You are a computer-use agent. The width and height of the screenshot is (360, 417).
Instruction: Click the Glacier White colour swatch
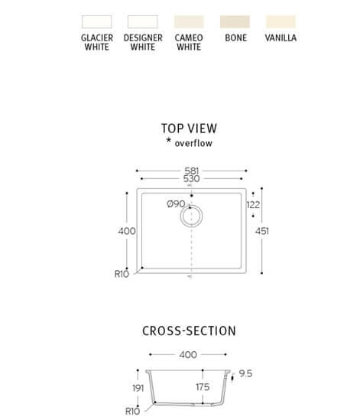(97, 21)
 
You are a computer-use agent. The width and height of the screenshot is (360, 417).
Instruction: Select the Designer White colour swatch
(143, 21)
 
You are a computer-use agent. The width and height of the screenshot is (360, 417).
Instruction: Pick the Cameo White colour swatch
(189, 21)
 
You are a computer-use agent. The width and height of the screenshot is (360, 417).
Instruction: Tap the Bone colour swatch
(235, 21)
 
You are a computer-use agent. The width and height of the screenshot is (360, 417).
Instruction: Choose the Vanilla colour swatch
(281, 21)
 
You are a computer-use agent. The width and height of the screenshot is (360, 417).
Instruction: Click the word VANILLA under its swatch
(281, 37)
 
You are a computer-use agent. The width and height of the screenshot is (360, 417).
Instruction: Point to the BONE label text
(235, 37)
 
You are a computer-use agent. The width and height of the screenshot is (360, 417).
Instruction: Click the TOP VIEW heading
(189, 129)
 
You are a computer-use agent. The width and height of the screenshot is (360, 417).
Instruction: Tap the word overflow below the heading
(193, 143)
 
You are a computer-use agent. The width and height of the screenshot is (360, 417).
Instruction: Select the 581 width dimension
(192, 171)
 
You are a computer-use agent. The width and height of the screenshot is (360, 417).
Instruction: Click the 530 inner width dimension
(191, 179)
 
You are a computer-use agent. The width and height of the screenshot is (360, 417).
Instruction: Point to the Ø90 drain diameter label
(176, 204)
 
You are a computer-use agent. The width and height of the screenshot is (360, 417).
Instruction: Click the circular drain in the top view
(191, 205)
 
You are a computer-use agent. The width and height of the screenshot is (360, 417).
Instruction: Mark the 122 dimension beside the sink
(253, 205)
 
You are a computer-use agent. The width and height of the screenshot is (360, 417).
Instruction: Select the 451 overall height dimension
(262, 231)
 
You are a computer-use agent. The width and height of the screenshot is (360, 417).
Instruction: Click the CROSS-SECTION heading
(189, 331)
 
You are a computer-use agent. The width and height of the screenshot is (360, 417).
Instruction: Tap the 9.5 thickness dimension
(245, 373)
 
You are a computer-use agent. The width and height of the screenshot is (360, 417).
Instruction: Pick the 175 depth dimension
(203, 387)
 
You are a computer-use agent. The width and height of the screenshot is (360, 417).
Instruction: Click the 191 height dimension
(138, 388)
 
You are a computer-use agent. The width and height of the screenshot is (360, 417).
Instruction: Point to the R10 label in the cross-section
(132, 411)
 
